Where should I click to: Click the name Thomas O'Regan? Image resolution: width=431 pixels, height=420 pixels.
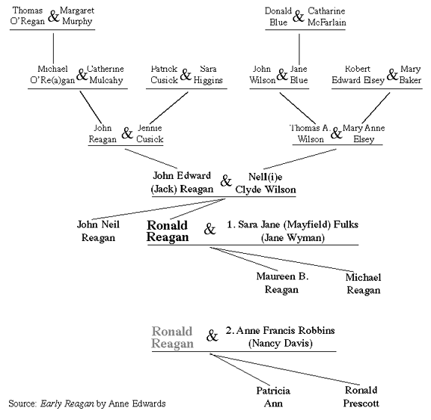pos(27,16)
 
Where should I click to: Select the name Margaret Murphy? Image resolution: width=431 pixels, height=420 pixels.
pos(77,16)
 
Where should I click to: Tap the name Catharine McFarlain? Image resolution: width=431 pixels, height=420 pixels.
pos(326,16)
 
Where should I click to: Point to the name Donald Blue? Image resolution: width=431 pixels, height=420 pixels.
pos(278,16)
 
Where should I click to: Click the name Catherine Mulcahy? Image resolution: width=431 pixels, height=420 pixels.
pos(106,75)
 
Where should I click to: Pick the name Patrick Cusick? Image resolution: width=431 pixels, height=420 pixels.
pos(164,75)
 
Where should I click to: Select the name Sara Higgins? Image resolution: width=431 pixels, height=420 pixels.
pos(208,75)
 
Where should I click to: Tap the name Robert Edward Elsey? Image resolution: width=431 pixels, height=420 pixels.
pos(358,75)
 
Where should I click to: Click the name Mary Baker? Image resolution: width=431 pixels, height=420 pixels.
pos(410,75)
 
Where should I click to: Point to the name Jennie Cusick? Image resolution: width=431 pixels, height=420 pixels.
pos(150,134)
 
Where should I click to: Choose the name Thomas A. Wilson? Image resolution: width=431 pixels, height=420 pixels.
pos(311,134)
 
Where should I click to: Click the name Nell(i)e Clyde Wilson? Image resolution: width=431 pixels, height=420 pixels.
pos(266,183)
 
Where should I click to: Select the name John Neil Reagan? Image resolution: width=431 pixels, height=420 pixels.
pos(98,231)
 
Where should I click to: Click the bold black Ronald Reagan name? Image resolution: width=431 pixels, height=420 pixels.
pos(168,231)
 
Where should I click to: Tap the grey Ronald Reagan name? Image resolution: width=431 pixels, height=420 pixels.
pos(172,337)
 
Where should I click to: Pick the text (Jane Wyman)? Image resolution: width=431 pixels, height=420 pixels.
pos(293,237)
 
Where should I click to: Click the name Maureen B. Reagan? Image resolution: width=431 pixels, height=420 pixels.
pos(282,283)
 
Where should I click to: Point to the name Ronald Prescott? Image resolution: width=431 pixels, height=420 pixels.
pos(361,397)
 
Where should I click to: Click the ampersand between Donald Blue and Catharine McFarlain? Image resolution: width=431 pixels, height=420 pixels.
pos(299,16)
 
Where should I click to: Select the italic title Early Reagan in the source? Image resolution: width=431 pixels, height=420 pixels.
pos(67,404)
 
